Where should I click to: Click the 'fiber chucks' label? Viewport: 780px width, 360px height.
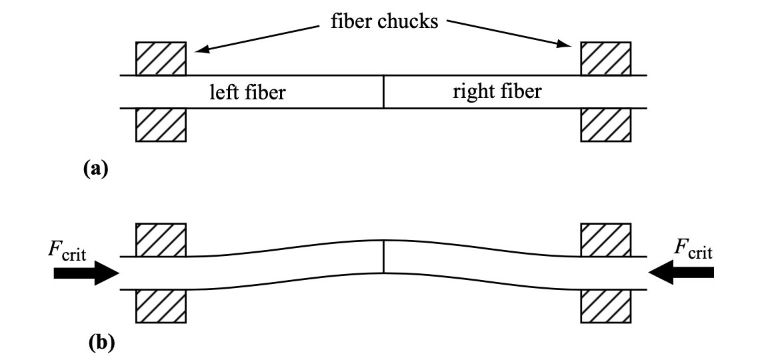point(385,21)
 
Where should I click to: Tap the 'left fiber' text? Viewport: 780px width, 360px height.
point(247,93)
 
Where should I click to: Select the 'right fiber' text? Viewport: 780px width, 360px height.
point(497,91)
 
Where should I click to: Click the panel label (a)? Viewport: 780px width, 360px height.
point(95,169)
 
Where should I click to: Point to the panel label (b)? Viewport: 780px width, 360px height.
point(101,343)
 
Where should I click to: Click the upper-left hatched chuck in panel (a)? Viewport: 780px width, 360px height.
point(161,59)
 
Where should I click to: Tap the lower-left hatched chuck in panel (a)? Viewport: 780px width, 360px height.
point(161,125)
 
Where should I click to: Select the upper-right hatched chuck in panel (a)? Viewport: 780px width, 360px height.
point(606,59)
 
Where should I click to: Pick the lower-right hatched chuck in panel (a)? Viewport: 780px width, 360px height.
point(606,125)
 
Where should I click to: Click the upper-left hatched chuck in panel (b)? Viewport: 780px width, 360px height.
point(161,240)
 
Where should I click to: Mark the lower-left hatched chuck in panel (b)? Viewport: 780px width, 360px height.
point(161,306)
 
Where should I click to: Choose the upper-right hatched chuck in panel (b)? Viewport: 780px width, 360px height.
point(606,240)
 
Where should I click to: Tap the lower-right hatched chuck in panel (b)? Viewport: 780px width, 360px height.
point(606,306)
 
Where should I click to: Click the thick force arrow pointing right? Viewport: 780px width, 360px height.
point(86,273)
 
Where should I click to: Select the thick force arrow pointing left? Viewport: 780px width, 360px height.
point(681,273)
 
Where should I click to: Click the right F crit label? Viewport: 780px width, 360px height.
point(693,249)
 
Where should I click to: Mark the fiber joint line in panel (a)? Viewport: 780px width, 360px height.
point(383,91)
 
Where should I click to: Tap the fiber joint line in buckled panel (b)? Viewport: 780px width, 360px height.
point(383,257)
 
